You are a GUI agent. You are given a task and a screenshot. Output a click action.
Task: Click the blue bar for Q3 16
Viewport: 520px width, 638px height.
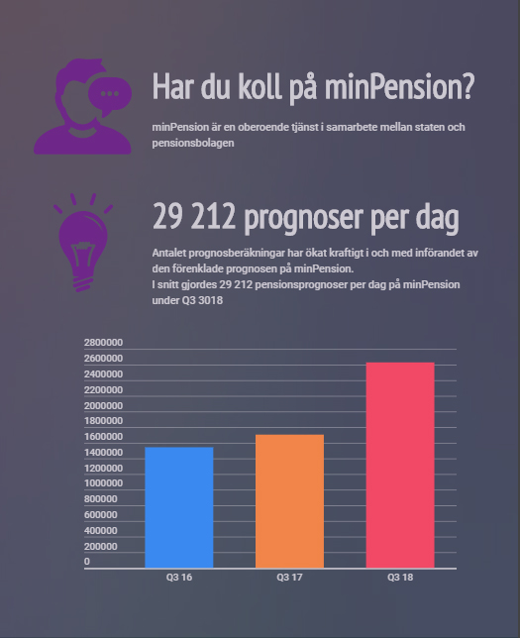(178, 507)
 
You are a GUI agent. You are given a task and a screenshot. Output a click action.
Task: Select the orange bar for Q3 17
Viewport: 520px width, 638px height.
(289, 501)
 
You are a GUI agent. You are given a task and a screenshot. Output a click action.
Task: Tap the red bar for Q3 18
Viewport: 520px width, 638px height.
(400, 465)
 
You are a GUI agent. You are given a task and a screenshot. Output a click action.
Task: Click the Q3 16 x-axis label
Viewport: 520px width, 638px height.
(178, 578)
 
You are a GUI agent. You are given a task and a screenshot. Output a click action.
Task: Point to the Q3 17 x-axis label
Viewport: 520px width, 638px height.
(289, 578)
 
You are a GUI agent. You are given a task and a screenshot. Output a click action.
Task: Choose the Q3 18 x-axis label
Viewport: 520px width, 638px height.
(400, 578)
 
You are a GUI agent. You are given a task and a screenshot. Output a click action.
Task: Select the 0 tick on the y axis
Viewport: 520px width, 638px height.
(87, 562)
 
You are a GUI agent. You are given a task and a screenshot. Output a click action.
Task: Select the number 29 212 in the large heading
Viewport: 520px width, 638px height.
(193, 215)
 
